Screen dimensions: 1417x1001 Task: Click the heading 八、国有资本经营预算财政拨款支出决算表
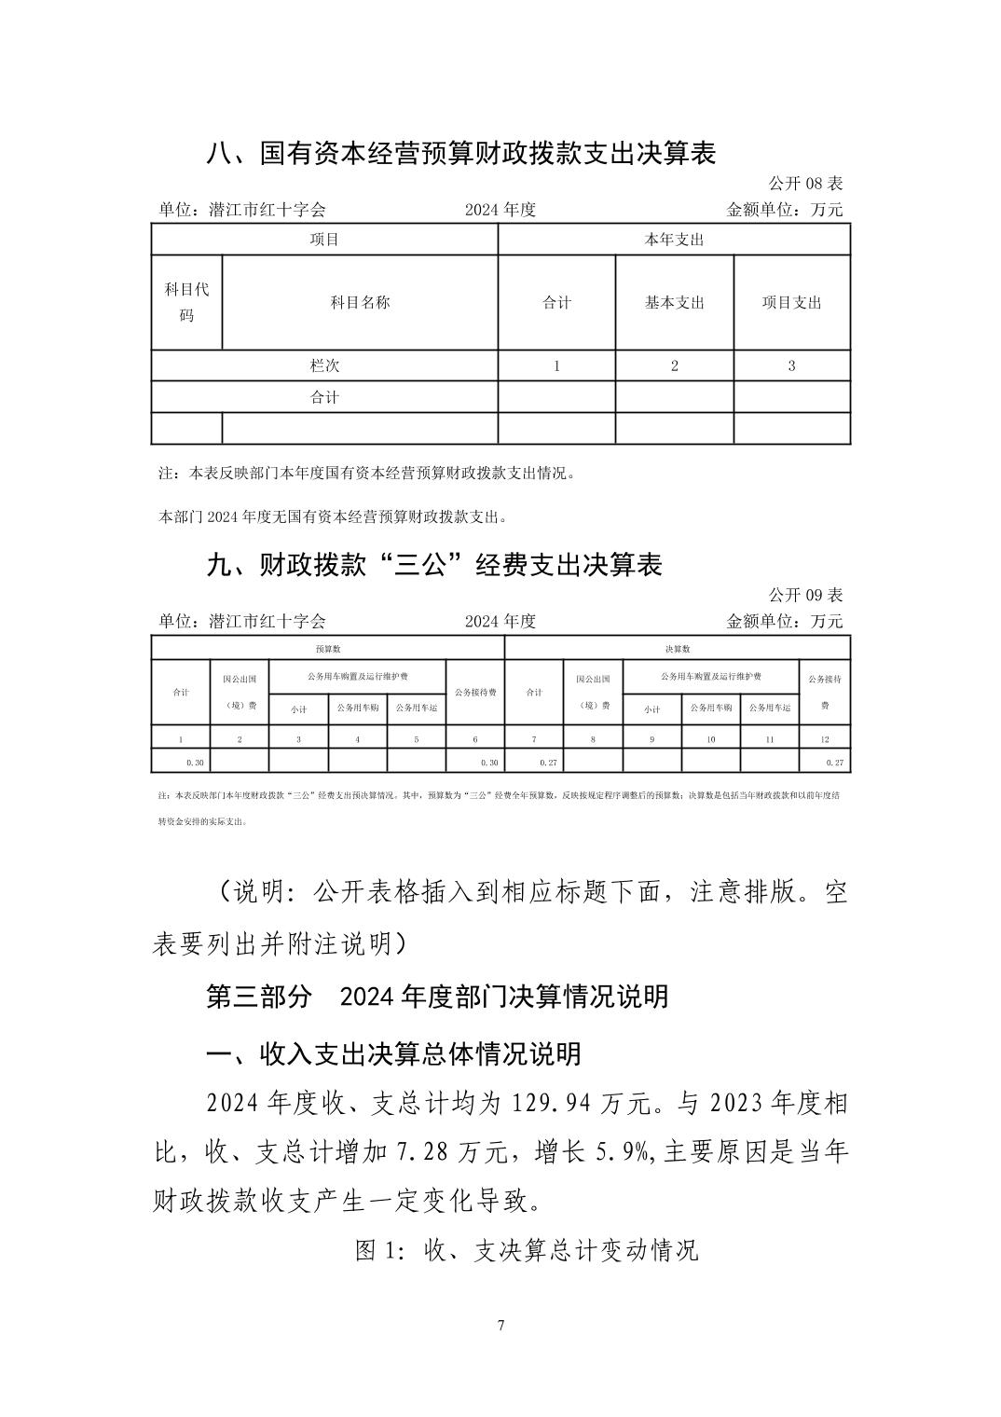tap(460, 154)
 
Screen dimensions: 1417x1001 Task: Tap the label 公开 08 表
tap(805, 184)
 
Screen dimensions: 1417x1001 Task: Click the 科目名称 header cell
tap(360, 303)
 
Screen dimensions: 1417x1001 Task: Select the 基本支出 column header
tap(674, 303)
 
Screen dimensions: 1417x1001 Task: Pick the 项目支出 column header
tap(791, 303)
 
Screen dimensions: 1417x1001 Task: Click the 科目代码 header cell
tap(186, 302)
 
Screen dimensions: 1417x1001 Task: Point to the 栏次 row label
tap(324, 365)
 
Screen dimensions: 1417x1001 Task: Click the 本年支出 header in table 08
tap(674, 240)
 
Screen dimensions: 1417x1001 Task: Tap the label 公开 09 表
tap(805, 595)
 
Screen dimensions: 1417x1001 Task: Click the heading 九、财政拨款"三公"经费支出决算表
tap(433, 565)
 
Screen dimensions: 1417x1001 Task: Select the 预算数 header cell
tap(327, 649)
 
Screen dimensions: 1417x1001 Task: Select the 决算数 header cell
tap(678, 649)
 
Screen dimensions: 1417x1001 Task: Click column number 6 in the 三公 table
tap(475, 739)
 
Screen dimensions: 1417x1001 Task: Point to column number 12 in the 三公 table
tap(825, 739)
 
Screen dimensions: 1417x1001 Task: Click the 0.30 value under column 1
tap(195, 763)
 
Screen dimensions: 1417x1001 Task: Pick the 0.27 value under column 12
tap(834, 763)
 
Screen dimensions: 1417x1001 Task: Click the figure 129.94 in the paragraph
tap(555, 1105)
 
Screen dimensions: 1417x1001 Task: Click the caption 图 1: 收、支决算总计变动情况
tap(527, 1250)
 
